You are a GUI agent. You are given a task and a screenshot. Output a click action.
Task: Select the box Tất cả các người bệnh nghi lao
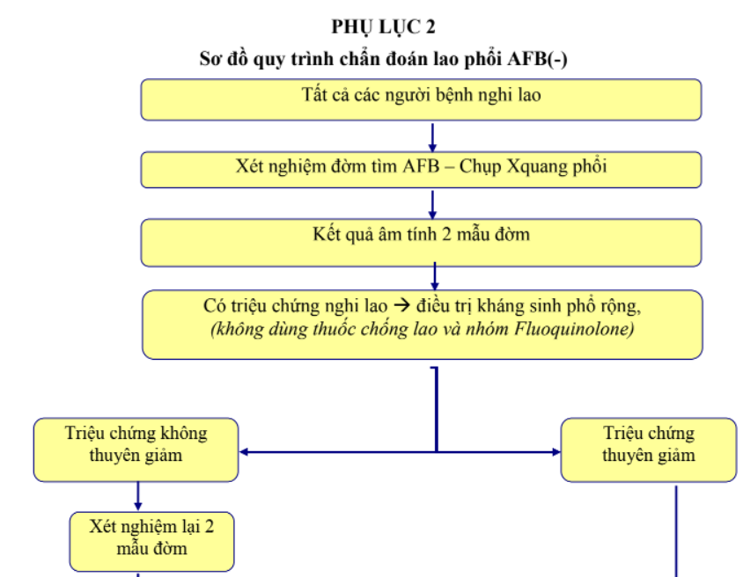coord(421,99)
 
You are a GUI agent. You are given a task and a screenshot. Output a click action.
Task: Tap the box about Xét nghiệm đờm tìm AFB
coord(421,169)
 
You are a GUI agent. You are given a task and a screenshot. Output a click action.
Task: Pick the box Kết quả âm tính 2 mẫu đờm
coord(421,242)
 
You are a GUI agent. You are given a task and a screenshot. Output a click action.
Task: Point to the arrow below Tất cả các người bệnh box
coord(432,136)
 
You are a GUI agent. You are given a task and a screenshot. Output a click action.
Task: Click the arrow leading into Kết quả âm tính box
coord(432,204)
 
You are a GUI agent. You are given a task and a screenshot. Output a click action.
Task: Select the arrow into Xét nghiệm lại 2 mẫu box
coord(137,497)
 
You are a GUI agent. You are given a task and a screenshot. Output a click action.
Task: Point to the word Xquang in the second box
coord(536,167)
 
